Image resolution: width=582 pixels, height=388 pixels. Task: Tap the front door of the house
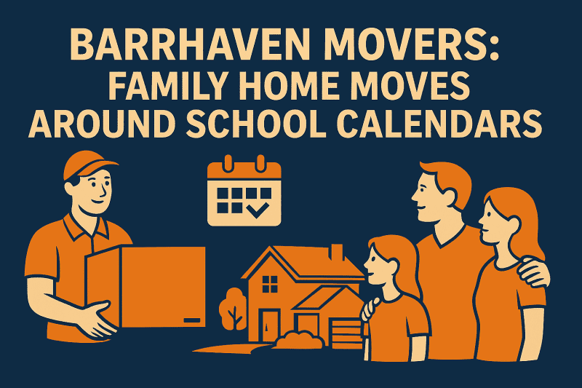[x=271, y=322]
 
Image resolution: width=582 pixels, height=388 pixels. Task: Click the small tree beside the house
[x=233, y=306]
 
